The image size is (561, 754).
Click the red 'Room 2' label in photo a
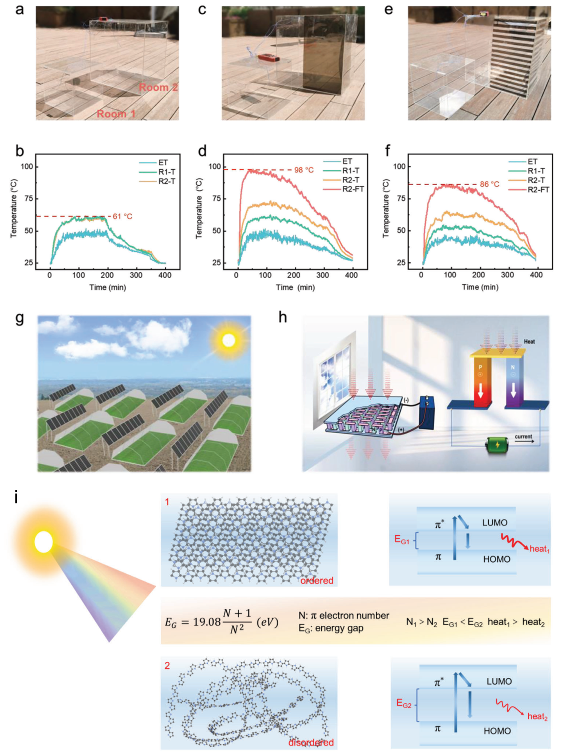158,87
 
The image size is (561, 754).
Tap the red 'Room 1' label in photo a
116,114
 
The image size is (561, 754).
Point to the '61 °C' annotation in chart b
122,216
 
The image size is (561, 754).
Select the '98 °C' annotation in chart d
304,170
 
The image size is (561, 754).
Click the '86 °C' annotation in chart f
490,184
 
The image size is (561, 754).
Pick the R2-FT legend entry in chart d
353,189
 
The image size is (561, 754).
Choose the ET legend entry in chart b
163,163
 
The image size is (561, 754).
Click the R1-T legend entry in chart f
536,171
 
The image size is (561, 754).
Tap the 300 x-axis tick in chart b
136,275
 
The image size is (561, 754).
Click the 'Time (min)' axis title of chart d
295,288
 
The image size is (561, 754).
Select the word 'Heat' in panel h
529,341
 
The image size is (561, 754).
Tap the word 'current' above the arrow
523,437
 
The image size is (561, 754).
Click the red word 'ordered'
317,580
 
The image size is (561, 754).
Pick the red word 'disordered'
311,742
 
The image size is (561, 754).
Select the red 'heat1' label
540,549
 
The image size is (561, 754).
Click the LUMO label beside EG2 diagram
499,681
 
